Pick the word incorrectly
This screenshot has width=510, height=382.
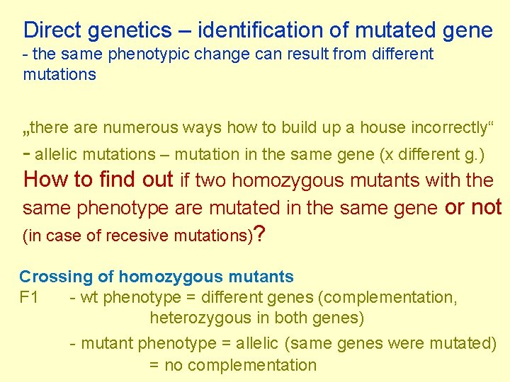click(443, 128)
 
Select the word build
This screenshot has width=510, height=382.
click(297, 128)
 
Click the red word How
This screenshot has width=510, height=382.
click(47, 180)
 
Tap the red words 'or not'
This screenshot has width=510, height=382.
click(472, 207)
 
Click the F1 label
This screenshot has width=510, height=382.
click(29, 297)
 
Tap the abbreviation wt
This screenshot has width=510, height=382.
click(89, 298)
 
